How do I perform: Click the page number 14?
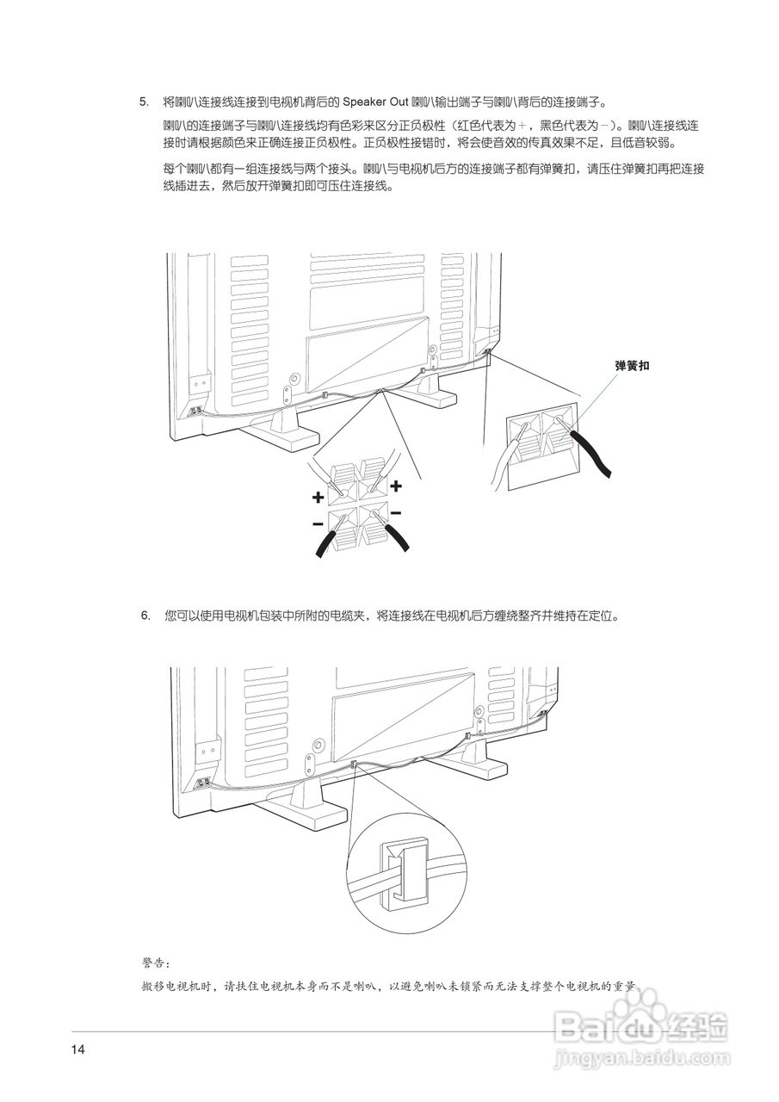click(x=79, y=1049)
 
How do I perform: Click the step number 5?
click(x=144, y=102)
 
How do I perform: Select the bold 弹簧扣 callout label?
click(x=632, y=366)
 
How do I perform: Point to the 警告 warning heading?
click(x=156, y=961)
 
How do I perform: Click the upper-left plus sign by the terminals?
click(x=318, y=498)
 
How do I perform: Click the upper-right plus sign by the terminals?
click(x=396, y=486)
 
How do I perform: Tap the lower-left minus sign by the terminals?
click(x=318, y=523)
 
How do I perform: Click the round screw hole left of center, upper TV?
click(x=295, y=378)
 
